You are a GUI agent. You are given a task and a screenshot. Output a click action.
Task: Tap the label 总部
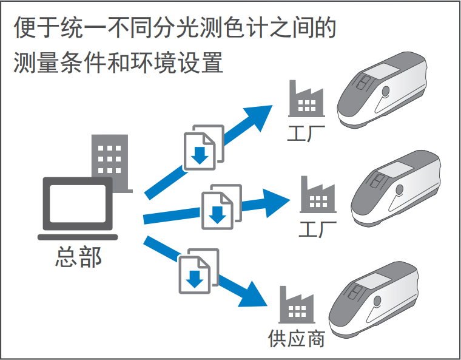[x=78, y=257]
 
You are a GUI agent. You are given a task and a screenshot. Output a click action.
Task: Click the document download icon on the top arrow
[x=203, y=148]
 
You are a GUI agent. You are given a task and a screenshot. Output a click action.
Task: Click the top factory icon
[x=306, y=99]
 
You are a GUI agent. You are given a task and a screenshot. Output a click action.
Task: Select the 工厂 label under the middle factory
[x=317, y=229]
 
